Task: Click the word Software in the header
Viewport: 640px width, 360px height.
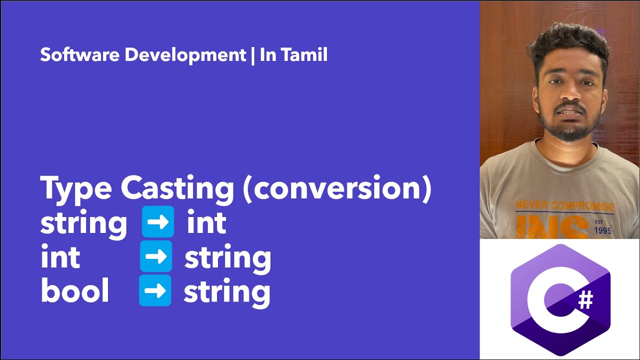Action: (x=80, y=55)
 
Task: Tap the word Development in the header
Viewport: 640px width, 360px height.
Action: (x=184, y=55)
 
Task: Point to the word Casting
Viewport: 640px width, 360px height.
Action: (x=177, y=189)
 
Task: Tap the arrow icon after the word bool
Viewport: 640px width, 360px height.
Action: (x=155, y=290)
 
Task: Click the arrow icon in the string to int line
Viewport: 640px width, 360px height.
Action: (x=158, y=222)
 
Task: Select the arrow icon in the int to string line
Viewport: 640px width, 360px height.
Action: (x=156, y=256)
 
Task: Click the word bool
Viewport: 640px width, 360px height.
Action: (x=74, y=291)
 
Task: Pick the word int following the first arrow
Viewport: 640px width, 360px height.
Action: (x=206, y=223)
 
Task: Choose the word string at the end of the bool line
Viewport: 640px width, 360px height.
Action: (x=227, y=292)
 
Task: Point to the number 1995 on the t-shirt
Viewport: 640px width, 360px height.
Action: (x=603, y=231)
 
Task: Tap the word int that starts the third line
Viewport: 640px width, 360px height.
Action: (x=60, y=257)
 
